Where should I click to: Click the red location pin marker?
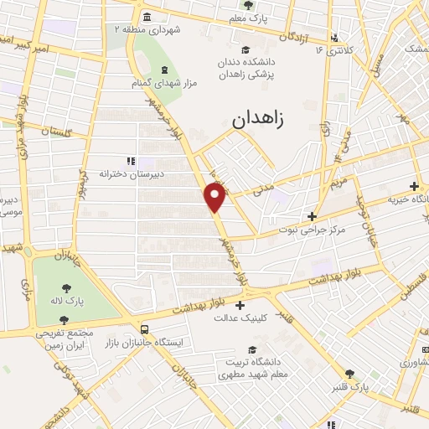point(215,198)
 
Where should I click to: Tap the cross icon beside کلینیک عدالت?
point(240,305)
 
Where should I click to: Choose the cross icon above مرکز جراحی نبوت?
point(311,215)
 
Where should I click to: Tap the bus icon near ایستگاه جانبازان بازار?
point(145,330)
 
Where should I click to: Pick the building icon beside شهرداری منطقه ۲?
point(147,17)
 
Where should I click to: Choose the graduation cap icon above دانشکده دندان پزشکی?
point(245,49)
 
